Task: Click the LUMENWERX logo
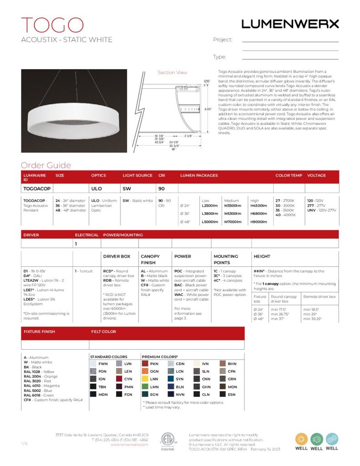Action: (290, 24)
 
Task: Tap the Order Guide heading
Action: (46, 166)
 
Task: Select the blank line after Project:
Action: (290, 41)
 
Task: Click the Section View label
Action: (172, 73)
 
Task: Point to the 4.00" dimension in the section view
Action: (208, 109)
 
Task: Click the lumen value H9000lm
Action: (259, 222)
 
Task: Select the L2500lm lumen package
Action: (210, 206)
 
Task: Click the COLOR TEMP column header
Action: (288, 175)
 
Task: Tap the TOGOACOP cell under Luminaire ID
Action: (37, 188)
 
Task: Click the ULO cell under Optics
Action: (96, 188)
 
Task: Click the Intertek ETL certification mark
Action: (167, 441)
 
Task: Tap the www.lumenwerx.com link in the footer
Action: (129, 445)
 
